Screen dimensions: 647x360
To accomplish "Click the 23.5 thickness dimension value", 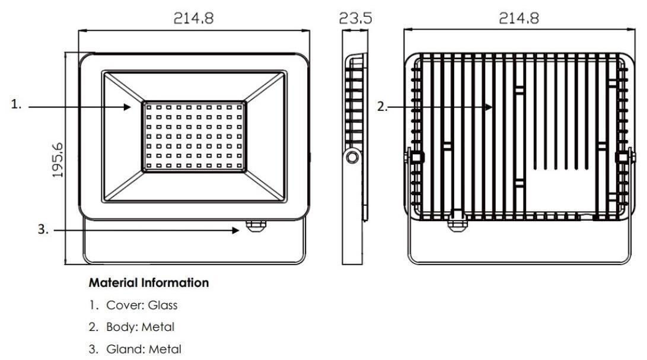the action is [x=355, y=18].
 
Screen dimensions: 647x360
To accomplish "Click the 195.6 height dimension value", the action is [x=58, y=160].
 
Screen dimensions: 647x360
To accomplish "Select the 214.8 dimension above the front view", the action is [x=193, y=18].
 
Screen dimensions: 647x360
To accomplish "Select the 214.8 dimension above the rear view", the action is [x=519, y=18].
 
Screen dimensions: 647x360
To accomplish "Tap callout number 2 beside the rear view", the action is [x=383, y=107].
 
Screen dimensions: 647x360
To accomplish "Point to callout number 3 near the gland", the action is [x=43, y=229].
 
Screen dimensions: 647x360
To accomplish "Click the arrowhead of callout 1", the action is [x=127, y=107].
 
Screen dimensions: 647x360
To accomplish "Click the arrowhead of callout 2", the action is [x=489, y=107].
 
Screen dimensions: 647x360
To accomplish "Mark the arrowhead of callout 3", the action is [x=235, y=230].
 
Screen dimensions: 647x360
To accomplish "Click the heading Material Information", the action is [x=148, y=283].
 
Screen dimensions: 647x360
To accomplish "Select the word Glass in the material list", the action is [x=162, y=305].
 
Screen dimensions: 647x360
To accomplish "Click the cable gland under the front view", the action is [x=256, y=226].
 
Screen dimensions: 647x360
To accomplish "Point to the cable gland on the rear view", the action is [x=458, y=222].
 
